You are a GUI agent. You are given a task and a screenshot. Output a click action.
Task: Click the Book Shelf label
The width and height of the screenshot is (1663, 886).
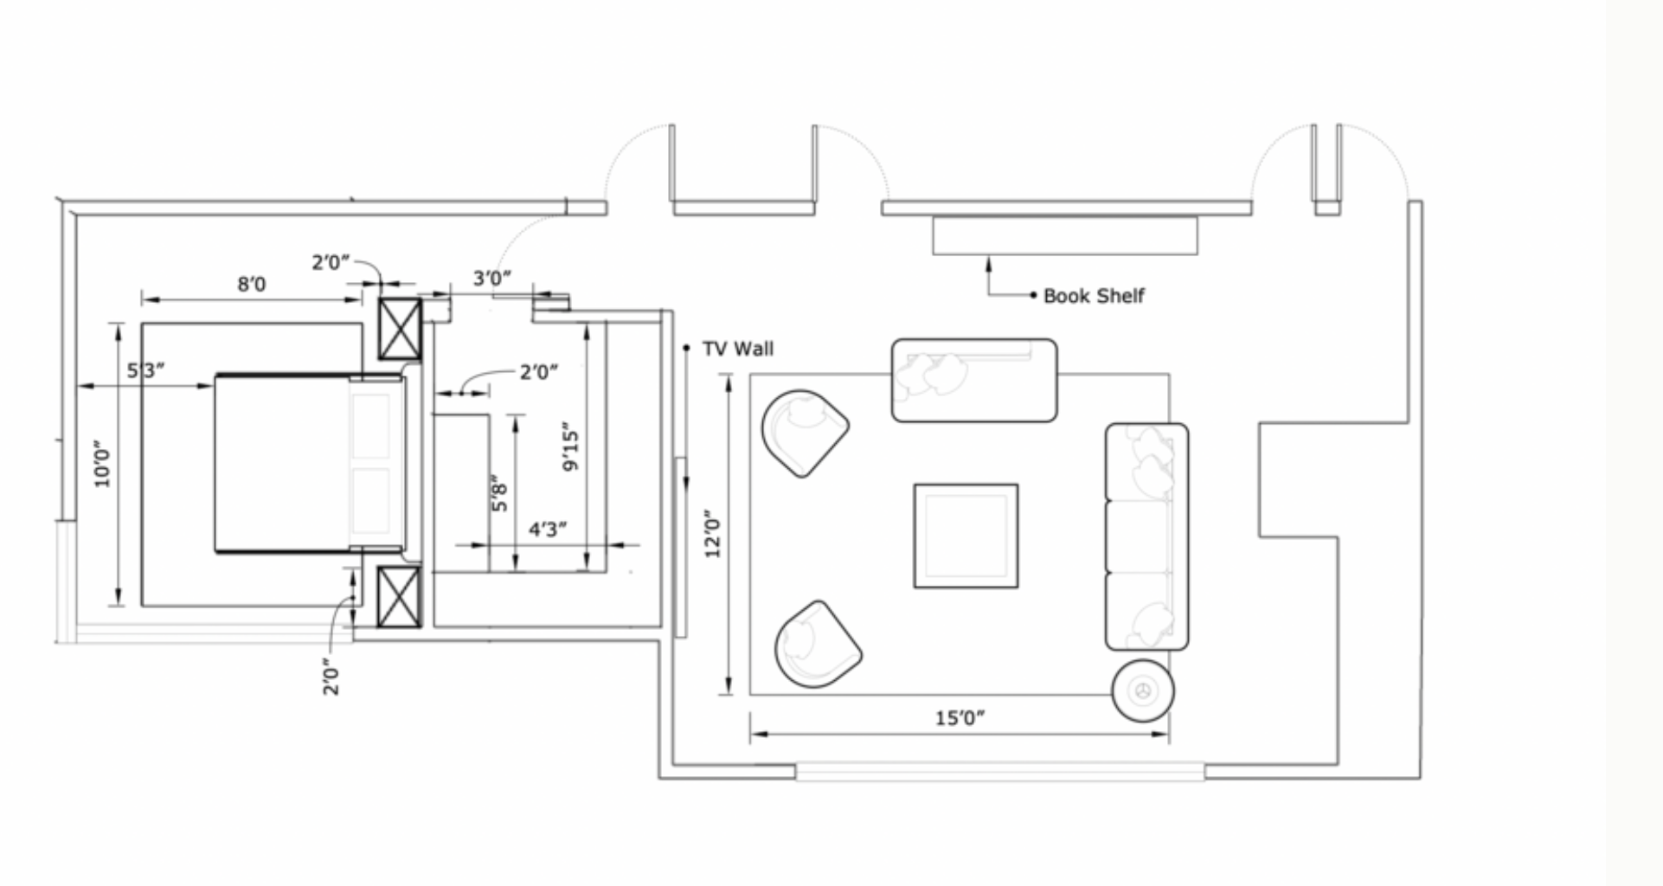pos(1094,296)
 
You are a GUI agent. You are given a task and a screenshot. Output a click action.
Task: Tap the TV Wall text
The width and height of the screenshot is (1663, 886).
pos(738,349)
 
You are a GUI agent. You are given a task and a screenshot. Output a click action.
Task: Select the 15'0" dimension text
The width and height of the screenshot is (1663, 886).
pos(960,717)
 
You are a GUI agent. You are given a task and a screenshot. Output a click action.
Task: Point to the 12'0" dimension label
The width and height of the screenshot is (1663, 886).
pos(713,534)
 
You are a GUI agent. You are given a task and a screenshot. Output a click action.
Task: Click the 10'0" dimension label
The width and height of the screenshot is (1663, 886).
pos(103,464)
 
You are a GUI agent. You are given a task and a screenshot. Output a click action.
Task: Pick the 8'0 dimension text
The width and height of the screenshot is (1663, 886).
pos(252,284)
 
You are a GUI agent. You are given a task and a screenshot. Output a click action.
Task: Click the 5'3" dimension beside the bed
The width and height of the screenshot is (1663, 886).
pos(145,370)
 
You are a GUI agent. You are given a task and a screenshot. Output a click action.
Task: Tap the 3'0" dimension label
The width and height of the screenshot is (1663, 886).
pos(492,278)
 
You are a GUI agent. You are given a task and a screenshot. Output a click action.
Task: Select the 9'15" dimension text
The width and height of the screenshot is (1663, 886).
pos(570,446)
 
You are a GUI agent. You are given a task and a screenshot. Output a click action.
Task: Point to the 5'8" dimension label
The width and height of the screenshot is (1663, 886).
pos(499,492)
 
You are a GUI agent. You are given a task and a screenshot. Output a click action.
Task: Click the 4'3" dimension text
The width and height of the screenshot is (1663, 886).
pos(548,529)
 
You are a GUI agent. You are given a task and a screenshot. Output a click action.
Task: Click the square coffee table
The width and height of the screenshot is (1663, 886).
pos(966,536)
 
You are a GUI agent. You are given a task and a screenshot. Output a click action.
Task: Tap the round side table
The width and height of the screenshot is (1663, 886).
pos(1143,690)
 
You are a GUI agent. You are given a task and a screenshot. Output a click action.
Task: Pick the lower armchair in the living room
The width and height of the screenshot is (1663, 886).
pos(818,644)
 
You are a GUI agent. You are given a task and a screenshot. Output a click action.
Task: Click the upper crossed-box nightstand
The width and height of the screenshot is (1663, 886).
pos(401,329)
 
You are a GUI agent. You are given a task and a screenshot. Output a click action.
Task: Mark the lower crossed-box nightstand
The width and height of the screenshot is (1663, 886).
pos(401,596)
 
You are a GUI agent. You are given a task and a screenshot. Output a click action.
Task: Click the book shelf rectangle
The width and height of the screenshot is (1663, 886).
pos(1065,235)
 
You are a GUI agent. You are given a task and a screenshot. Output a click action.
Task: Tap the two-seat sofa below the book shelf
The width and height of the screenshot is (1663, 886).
pos(974,381)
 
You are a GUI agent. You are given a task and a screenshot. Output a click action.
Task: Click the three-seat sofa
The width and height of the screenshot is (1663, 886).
pos(1147,536)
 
